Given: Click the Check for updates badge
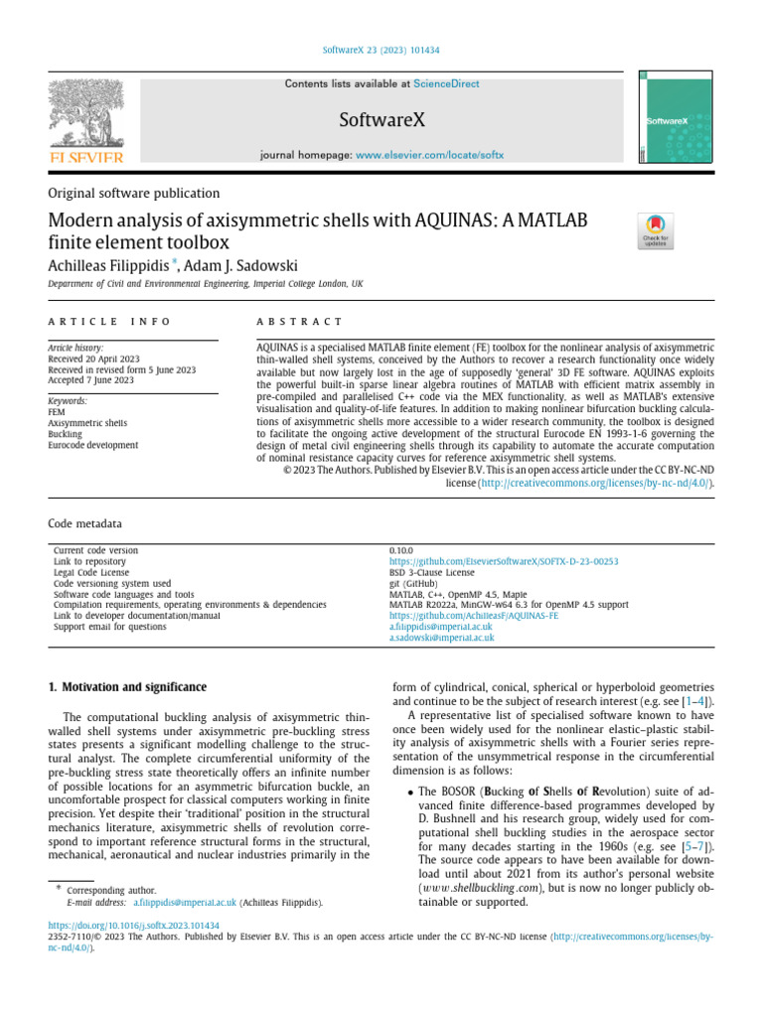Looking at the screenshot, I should (x=655, y=231).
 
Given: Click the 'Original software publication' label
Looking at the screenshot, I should (x=134, y=194).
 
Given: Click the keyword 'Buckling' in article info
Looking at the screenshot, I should (x=67, y=434).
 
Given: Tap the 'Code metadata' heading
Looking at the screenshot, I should (x=85, y=522).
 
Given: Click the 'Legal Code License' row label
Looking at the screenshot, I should (x=91, y=572).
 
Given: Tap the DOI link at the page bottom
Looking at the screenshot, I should (x=134, y=925).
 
